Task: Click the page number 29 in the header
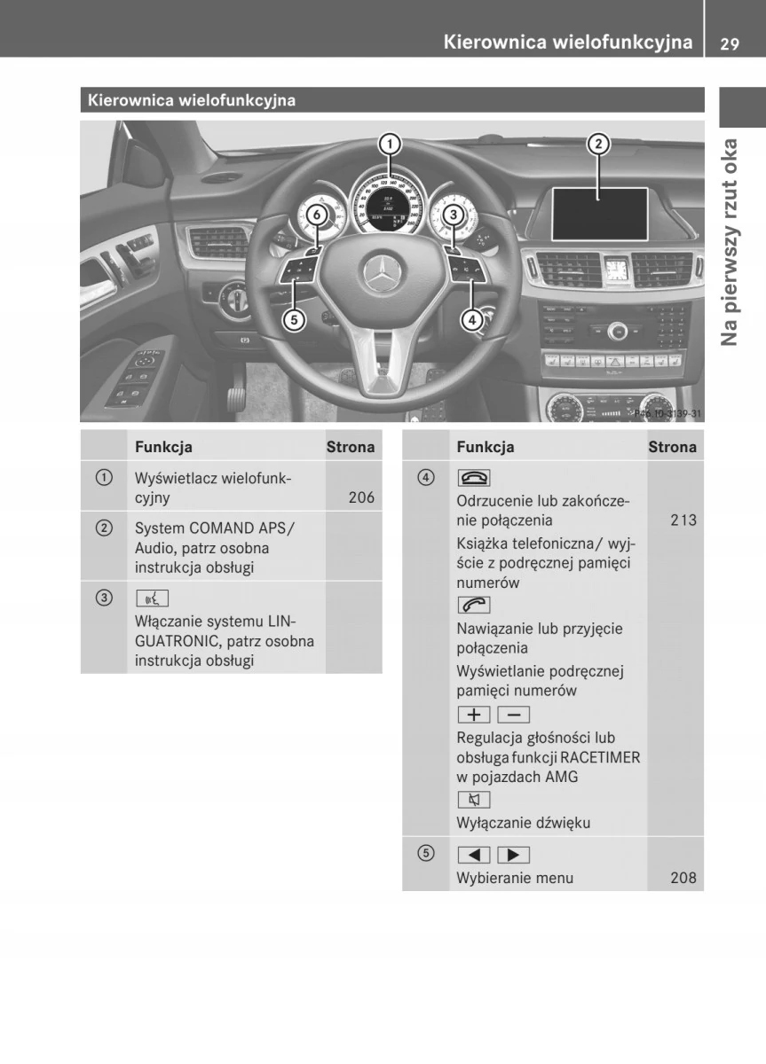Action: (730, 43)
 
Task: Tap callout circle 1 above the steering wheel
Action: (389, 144)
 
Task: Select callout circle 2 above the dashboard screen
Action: (598, 144)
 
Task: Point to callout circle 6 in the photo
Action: (316, 214)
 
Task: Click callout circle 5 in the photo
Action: (294, 319)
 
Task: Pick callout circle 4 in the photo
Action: (472, 319)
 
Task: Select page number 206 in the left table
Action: (361, 497)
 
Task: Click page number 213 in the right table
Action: (683, 520)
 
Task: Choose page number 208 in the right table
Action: (683, 879)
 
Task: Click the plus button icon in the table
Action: (474, 714)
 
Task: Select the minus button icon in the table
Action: (514, 714)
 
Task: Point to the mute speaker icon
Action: (474, 800)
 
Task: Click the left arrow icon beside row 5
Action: (474, 855)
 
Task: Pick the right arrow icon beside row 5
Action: (514, 855)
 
